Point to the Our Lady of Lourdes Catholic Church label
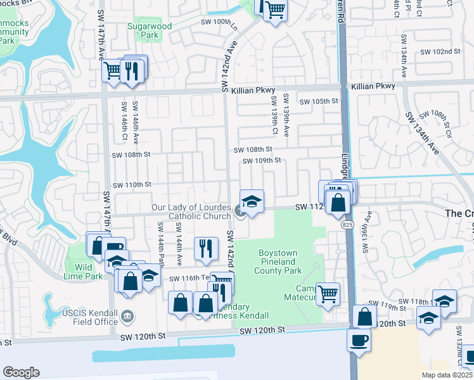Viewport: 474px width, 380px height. pyautogui.click(x=191, y=212)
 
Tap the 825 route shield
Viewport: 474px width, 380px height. pyautogui.click(x=347, y=225)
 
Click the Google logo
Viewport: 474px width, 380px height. pyautogui.click(x=21, y=372)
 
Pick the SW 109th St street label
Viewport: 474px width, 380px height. pyautogui.click(x=261, y=161)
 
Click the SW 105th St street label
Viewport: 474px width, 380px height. pyautogui.click(x=319, y=101)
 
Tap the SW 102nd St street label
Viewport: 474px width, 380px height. pyautogui.click(x=438, y=51)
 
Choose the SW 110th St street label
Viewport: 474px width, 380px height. pyautogui.click(x=132, y=184)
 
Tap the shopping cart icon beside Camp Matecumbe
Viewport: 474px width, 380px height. pyautogui.click(x=328, y=293)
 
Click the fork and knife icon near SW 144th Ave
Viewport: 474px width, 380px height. pyautogui.click(x=205, y=248)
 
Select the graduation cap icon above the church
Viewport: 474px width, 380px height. pyautogui.click(x=252, y=201)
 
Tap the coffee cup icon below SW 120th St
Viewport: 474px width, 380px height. pyautogui.click(x=359, y=339)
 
